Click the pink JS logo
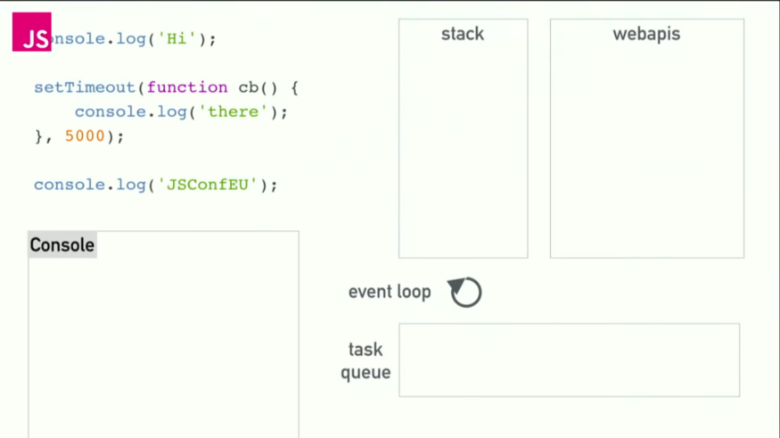point(31,32)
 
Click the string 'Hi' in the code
point(177,39)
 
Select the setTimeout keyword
point(85,87)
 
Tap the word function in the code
point(187,87)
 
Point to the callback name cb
point(248,87)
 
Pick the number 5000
point(85,136)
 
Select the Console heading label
point(62,245)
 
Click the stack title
point(463,34)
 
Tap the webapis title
point(646,34)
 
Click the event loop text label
point(390,292)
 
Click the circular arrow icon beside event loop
point(465,292)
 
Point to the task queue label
point(365,360)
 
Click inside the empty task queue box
point(569,360)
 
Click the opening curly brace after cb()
point(294,87)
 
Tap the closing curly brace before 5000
point(38,136)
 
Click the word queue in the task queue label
point(365,372)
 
